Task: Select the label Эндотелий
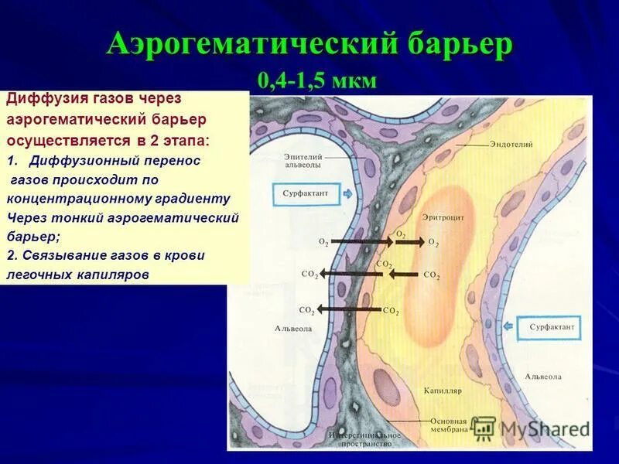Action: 509,144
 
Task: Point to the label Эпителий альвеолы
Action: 303,160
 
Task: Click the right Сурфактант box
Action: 552,327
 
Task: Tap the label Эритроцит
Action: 443,218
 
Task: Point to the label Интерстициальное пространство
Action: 364,439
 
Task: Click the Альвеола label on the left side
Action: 293,328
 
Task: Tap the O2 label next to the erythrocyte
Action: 433,242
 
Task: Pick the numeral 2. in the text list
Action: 12,255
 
